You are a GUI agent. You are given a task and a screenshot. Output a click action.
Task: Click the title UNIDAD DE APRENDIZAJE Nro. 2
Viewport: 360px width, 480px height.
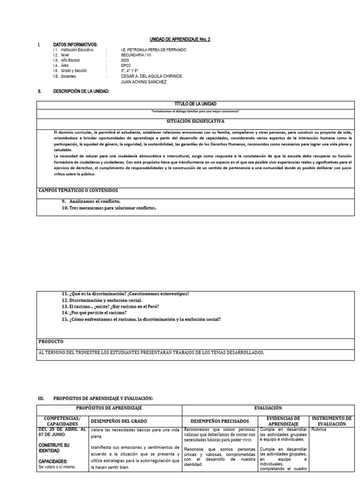click(180, 39)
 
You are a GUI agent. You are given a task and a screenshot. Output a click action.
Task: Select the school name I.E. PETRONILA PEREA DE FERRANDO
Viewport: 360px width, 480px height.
click(153, 50)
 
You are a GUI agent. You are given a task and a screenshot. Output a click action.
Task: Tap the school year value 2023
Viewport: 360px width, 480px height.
click(125, 60)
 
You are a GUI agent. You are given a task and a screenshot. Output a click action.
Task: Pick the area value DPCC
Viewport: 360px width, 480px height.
click(126, 66)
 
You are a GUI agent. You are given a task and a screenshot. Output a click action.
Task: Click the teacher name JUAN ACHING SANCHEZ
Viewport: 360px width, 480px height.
click(143, 82)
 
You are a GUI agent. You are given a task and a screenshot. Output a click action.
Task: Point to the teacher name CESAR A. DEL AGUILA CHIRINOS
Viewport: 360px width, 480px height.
click(151, 76)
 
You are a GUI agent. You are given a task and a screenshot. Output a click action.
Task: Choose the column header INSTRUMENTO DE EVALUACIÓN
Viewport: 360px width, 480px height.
click(331, 420)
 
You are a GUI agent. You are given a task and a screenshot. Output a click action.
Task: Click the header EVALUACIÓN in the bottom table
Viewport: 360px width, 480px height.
click(269, 408)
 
